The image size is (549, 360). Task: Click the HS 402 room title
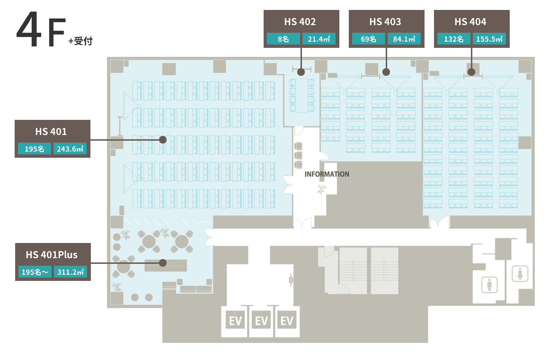[x=300, y=22]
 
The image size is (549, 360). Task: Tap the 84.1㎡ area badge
[x=404, y=39]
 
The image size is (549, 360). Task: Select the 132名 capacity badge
[x=453, y=39]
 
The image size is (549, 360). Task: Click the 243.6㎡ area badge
[x=70, y=149]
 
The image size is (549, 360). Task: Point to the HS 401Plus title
[x=52, y=254]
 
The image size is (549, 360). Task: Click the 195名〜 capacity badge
[x=35, y=272]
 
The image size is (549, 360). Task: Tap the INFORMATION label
[x=327, y=174]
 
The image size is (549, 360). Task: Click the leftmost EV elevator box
[x=235, y=320]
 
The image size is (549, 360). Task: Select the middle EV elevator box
[x=261, y=320]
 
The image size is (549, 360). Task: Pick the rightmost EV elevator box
[x=287, y=320]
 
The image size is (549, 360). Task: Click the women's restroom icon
[x=520, y=273]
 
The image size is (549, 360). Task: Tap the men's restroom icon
[x=489, y=284]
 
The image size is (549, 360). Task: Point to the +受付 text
[x=80, y=41]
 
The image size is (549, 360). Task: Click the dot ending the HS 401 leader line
[x=162, y=140]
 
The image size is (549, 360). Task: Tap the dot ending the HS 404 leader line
[x=471, y=72]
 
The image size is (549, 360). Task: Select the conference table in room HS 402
[x=301, y=95]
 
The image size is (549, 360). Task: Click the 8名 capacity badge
[x=283, y=39]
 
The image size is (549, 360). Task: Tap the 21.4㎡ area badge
[x=319, y=39]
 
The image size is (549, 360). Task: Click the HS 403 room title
[x=385, y=22]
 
